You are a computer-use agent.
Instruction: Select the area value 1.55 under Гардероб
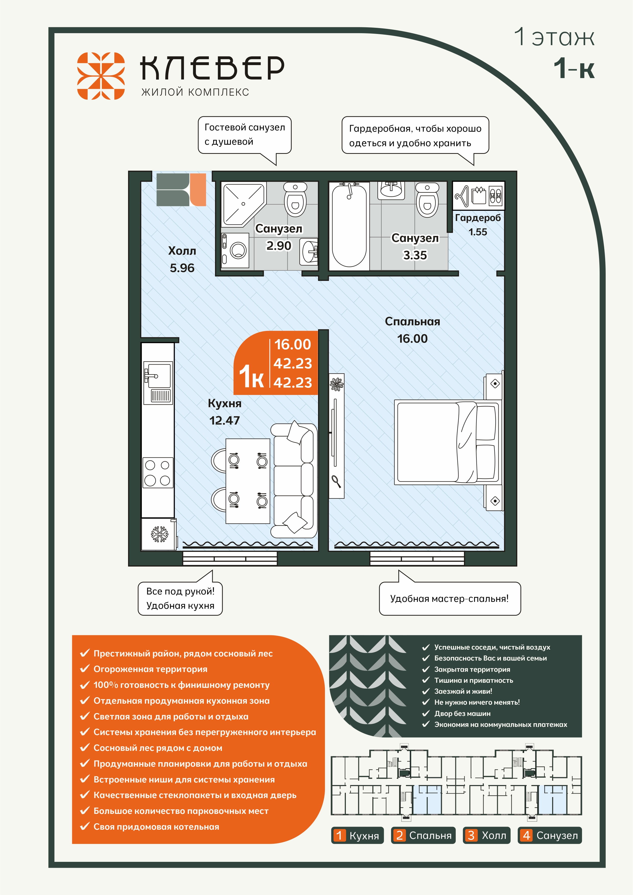click(x=478, y=232)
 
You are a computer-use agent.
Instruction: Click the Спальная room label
click(x=412, y=321)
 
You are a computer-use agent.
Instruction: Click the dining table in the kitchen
click(x=248, y=481)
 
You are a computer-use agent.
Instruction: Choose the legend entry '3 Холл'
click(x=486, y=835)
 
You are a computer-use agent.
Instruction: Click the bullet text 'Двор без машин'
click(x=462, y=713)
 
